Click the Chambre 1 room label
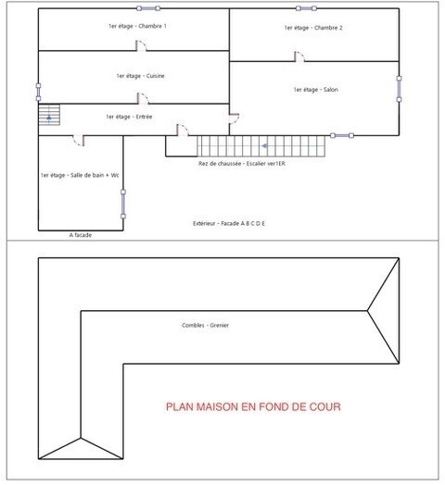coord(137,26)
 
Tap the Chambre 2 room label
coord(313,28)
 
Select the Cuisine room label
coord(140,76)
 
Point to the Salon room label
coord(316,90)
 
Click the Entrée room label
coord(129,117)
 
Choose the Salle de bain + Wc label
coord(80,175)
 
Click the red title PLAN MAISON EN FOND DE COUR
coord(253,406)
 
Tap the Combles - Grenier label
coord(205,326)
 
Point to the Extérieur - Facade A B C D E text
coord(229,223)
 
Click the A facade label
coord(81,235)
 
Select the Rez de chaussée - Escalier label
coord(242,164)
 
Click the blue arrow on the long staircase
coord(264,146)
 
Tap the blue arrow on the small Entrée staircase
coord(49,118)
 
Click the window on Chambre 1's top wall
coord(148,8)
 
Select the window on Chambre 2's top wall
coord(306,8)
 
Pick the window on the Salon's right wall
coord(400,89)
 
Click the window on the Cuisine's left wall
coord(38,93)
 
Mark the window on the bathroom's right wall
coord(123,205)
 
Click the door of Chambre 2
coord(299,56)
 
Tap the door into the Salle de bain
coord(79,141)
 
